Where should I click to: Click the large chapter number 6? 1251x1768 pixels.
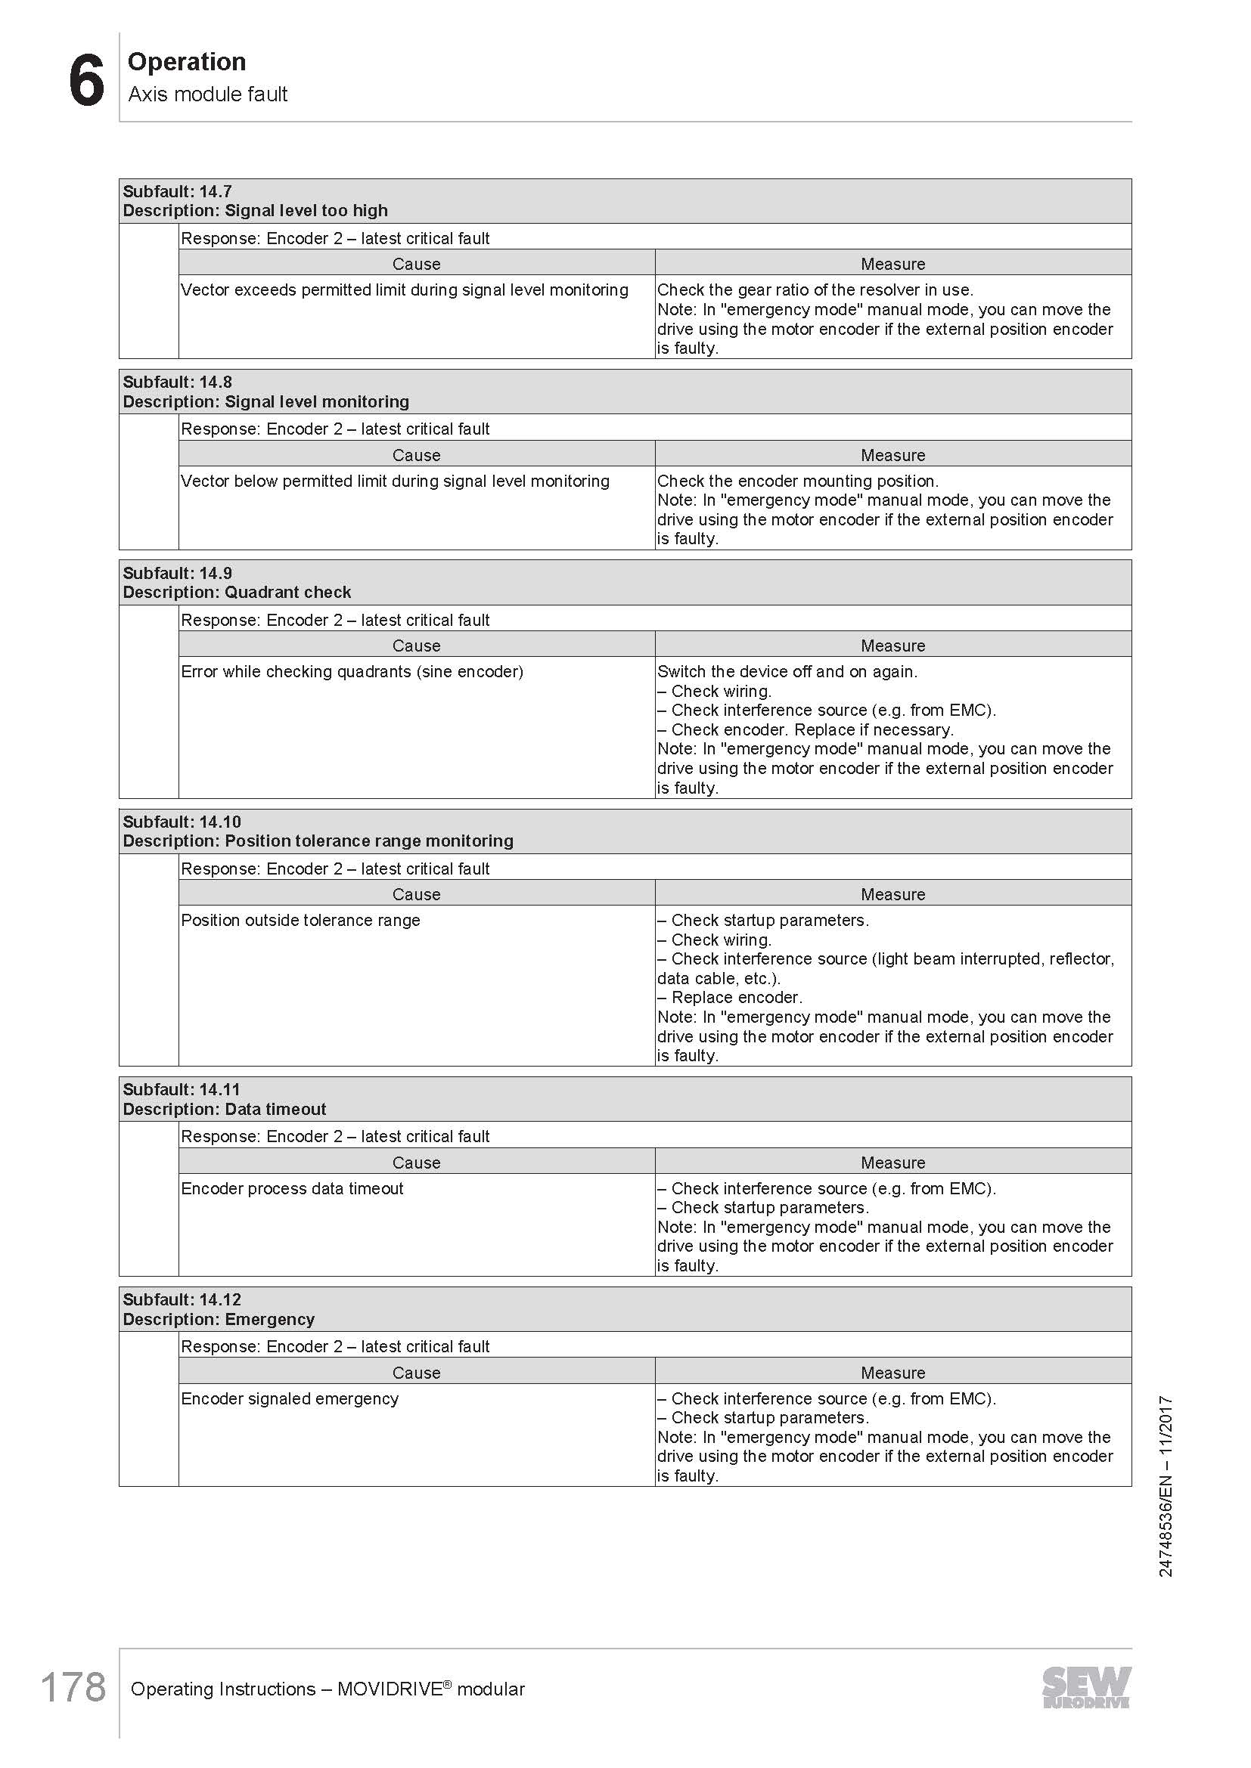tap(86, 81)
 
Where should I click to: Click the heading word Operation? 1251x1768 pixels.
tap(186, 61)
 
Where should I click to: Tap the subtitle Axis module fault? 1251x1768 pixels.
tap(207, 94)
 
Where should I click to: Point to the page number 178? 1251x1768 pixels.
tap(73, 1687)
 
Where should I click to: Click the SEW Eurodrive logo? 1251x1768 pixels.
tap(1086, 1687)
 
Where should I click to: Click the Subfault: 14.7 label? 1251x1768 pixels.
tap(177, 191)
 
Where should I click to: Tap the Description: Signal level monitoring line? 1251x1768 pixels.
tap(265, 401)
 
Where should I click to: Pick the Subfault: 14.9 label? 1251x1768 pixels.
tap(177, 573)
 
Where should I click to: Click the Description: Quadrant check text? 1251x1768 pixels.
tap(237, 592)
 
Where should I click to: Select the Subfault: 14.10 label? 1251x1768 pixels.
tap(182, 822)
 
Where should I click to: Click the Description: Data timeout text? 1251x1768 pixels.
tap(224, 1109)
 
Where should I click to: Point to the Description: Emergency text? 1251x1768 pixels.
tap(219, 1319)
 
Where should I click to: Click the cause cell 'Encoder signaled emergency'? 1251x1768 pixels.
tap(290, 1398)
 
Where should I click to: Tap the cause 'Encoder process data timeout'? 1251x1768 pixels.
tap(292, 1188)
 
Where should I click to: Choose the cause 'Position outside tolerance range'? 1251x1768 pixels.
tap(300, 920)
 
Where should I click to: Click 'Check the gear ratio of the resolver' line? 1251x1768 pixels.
tap(815, 290)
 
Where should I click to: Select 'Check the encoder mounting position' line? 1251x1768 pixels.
tap(797, 481)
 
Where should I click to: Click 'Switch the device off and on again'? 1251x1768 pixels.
tap(787, 671)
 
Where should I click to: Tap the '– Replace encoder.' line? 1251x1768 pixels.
tap(729, 997)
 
